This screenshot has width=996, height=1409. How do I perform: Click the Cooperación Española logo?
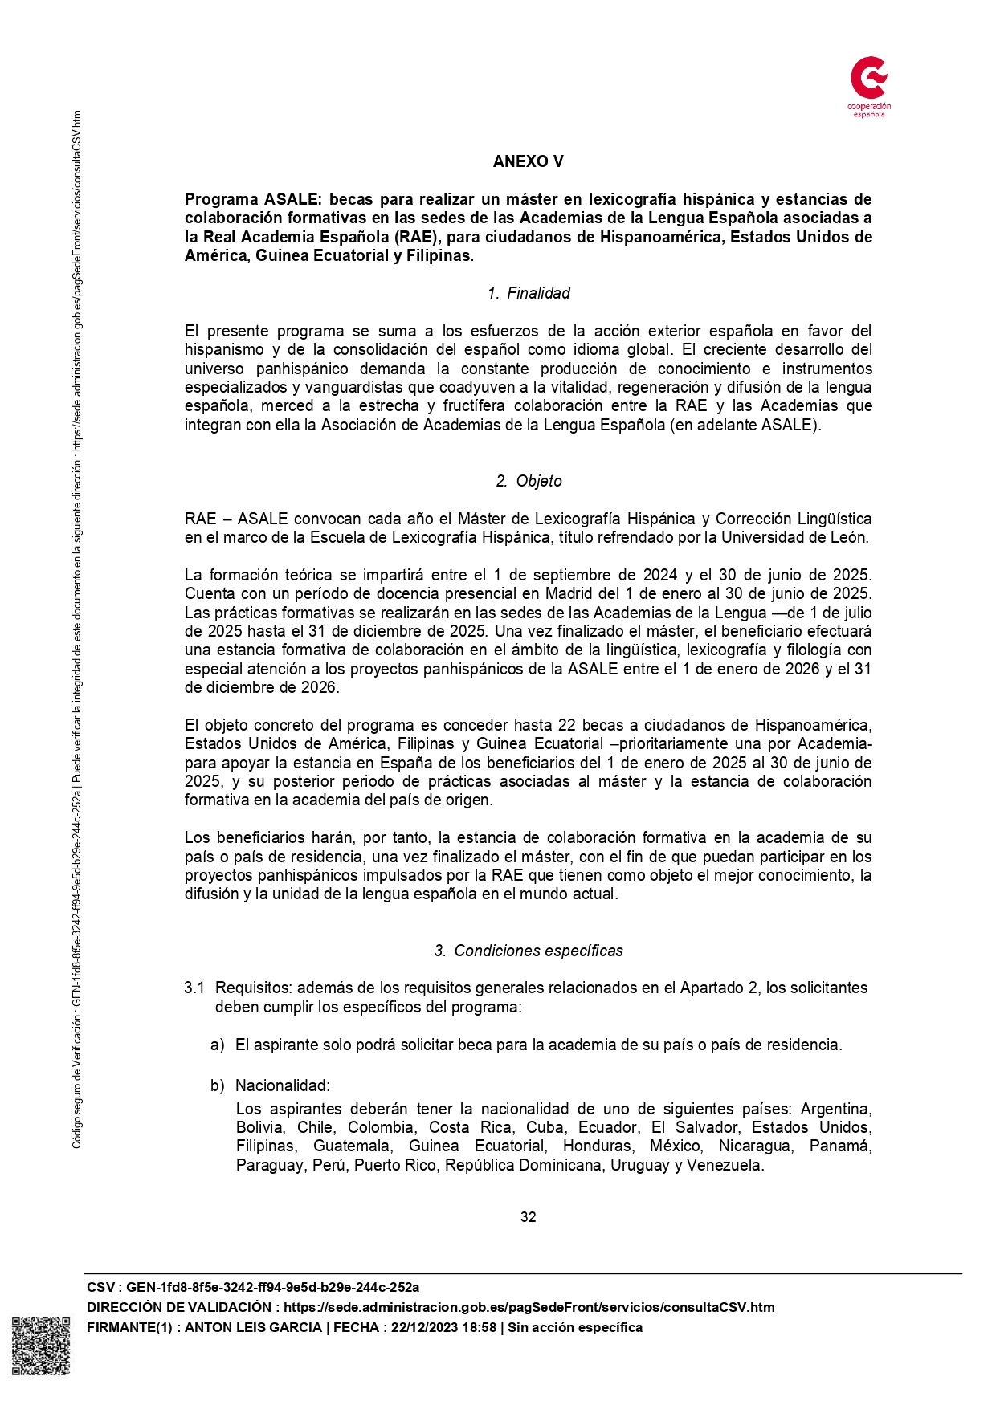click(x=869, y=87)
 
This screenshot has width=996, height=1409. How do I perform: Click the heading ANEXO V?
click(x=528, y=161)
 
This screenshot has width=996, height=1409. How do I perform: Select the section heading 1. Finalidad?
click(x=529, y=293)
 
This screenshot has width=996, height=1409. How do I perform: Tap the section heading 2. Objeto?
click(x=529, y=481)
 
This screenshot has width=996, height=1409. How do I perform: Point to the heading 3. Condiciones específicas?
click(x=529, y=951)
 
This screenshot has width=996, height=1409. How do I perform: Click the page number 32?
click(x=528, y=1217)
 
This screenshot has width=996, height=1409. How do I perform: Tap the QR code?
click(x=40, y=1346)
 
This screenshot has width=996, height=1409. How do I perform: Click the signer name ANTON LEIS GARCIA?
click(x=253, y=1327)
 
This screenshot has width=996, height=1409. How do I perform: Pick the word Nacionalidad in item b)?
click(x=282, y=1085)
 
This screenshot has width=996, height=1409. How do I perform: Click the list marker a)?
click(x=217, y=1045)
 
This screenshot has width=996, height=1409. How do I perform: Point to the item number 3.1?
click(x=194, y=988)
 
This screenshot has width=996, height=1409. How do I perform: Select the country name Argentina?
click(x=835, y=1109)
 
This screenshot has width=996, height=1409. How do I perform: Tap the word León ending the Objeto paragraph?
click(x=848, y=537)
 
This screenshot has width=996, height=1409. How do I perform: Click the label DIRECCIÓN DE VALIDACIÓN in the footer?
click(x=178, y=1307)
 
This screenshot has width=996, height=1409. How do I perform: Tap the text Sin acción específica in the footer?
click(x=575, y=1327)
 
